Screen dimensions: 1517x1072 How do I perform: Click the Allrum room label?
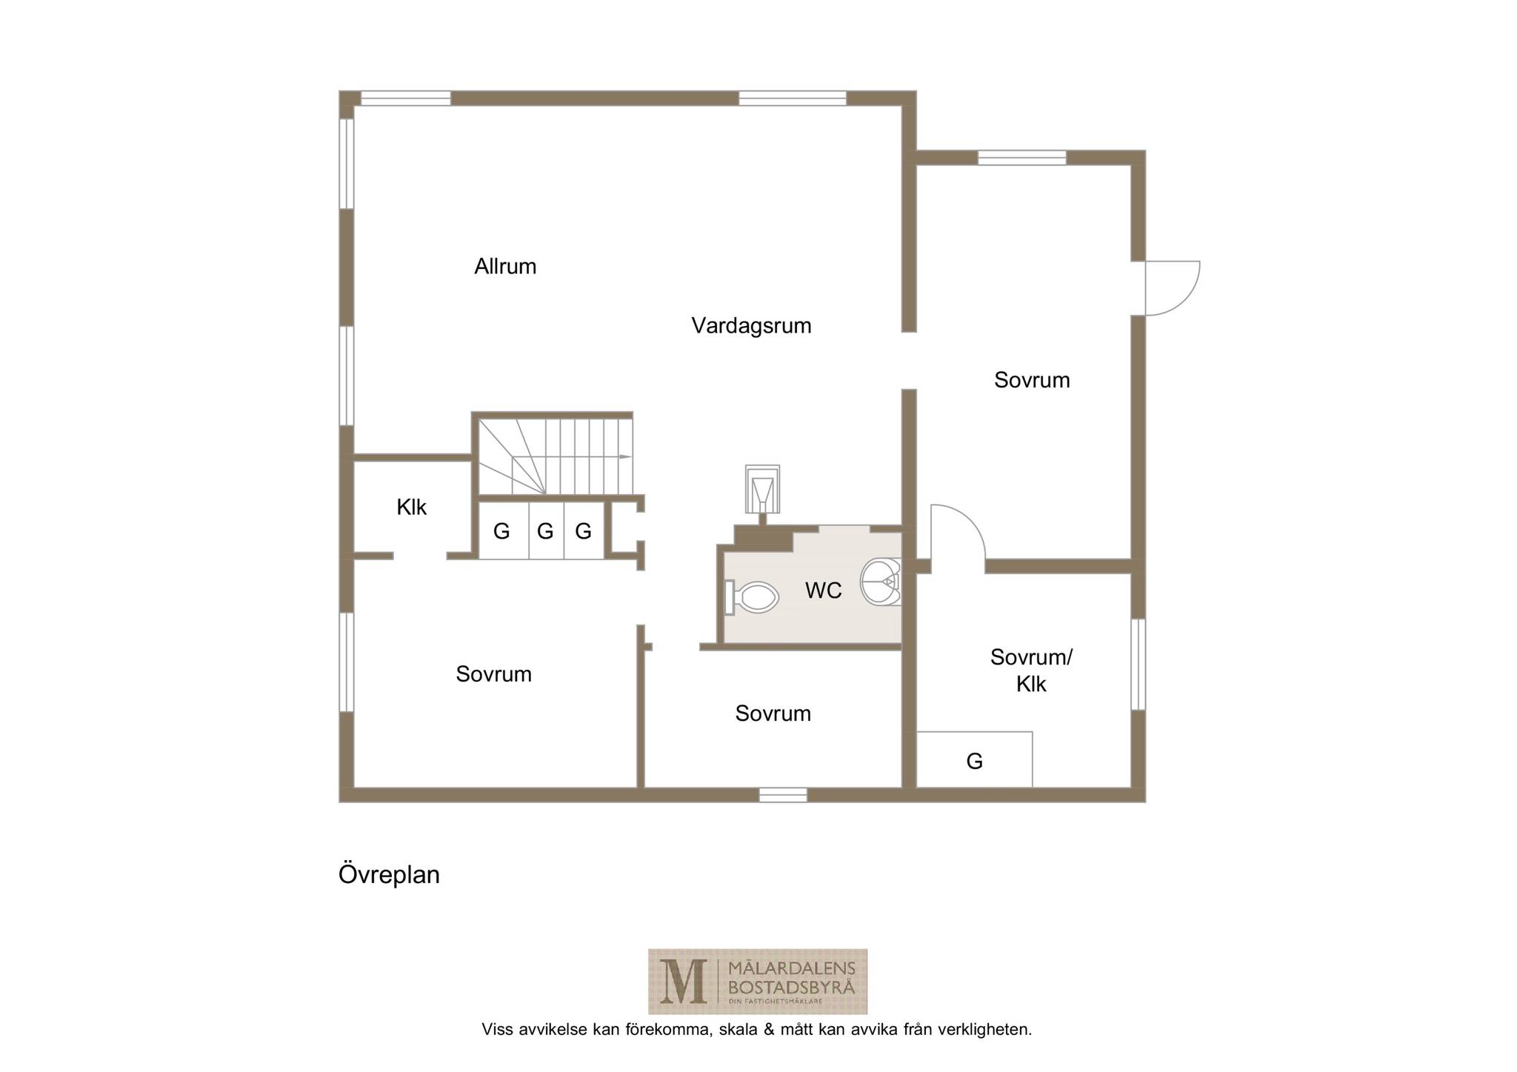coord(505,266)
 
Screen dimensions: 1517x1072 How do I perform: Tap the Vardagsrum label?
coord(751,326)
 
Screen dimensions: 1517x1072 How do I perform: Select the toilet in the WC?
coord(752,597)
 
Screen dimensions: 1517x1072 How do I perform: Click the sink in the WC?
coord(881,582)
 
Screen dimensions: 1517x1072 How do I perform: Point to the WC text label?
coord(823,590)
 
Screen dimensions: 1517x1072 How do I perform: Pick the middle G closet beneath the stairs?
coord(546,530)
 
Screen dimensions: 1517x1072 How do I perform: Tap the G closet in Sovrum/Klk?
coord(974,759)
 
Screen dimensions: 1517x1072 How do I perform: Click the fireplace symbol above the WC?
coord(762,489)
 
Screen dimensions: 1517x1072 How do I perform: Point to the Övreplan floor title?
coord(389,875)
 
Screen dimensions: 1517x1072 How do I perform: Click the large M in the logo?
coord(682,981)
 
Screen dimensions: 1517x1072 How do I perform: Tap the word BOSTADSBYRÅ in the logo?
coord(791,987)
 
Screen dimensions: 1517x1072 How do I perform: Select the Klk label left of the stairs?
coord(411,507)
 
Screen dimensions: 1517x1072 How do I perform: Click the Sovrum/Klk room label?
coord(1031,670)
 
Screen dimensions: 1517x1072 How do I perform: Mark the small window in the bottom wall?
coord(783,795)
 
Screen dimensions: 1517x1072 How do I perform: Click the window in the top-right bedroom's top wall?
coord(1021,158)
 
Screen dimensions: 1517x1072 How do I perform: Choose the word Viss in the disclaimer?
coord(498,1029)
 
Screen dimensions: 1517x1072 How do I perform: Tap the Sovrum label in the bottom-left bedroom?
coord(493,674)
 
